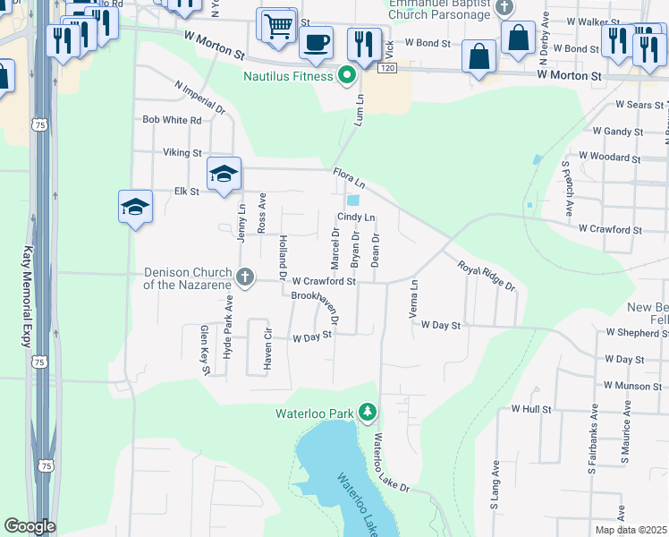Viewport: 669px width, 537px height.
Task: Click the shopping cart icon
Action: [x=278, y=25]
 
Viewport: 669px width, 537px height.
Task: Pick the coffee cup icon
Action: [x=316, y=41]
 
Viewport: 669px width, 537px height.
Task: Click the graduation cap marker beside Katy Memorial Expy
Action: [x=135, y=208]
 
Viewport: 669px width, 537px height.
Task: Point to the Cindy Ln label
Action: [x=355, y=217]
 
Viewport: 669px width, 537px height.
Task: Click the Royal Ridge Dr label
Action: [x=487, y=276]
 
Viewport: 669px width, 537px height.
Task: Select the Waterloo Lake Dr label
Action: [x=391, y=463]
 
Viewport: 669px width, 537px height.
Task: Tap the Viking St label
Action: [x=182, y=153]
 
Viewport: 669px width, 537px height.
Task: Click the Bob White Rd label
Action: [x=172, y=119]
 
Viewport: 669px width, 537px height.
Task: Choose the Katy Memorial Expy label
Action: [x=27, y=297]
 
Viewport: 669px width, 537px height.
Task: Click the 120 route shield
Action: [x=386, y=68]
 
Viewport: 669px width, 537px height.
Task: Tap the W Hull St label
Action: [x=531, y=408]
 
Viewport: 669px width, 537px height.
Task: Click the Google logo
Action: [x=30, y=526]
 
